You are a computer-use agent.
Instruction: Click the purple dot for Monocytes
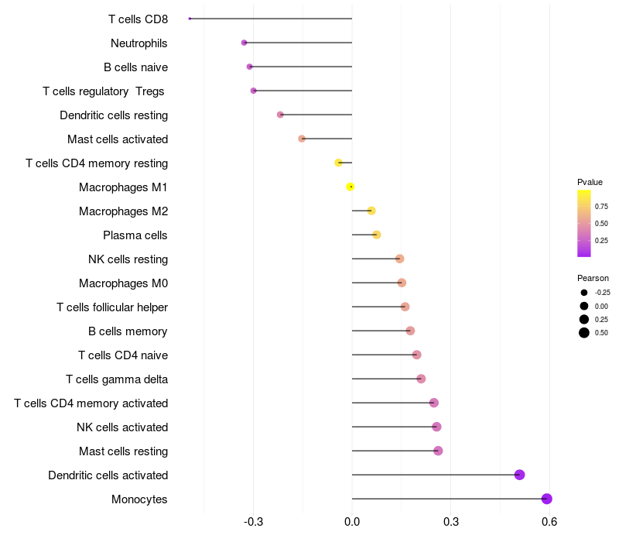coord(547,499)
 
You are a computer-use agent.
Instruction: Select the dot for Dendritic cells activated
coord(519,475)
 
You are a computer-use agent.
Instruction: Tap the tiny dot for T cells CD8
coord(190,19)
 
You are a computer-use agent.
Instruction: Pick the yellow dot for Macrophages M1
coord(351,187)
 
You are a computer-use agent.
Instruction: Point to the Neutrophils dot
coord(244,43)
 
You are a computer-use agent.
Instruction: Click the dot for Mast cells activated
coord(302,139)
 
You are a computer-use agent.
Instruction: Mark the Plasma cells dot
coord(377,235)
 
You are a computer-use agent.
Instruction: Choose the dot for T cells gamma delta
coord(421,379)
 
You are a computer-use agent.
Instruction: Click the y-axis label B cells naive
coord(136,67)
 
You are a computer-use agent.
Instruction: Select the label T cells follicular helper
coord(112,307)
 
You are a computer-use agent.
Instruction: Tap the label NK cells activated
coord(122,427)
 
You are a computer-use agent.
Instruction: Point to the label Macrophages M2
coord(124,211)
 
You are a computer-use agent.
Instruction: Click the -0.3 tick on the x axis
coord(254,522)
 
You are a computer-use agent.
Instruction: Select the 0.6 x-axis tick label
coord(549,522)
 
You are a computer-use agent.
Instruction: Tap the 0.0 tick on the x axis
coord(352,522)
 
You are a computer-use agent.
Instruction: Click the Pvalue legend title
coord(590,182)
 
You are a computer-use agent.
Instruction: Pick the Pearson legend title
coord(593,278)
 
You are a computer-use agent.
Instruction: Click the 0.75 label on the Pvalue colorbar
coord(601,207)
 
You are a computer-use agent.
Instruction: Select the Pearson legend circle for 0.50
coord(584,333)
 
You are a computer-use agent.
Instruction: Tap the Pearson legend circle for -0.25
coord(584,293)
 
